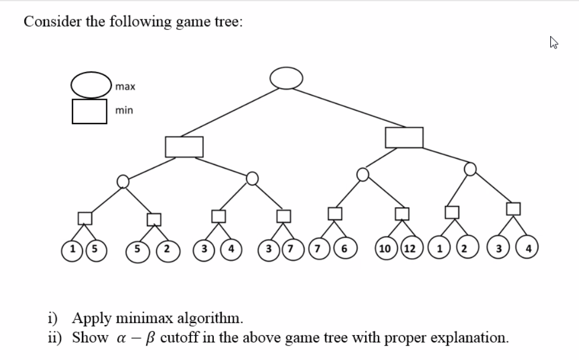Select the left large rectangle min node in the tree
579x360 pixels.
click(x=184, y=146)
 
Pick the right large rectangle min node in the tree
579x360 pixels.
click(x=404, y=137)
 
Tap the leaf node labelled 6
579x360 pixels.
click(x=344, y=247)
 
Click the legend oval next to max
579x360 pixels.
click(x=90, y=84)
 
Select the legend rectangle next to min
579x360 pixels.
click(x=89, y=111)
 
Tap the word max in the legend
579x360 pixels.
click(x=125, y=87)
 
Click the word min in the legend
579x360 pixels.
click(x=124, y=110)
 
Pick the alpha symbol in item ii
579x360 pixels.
click(x=120, y=338)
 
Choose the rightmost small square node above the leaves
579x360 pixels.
click(x=513, y=208)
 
